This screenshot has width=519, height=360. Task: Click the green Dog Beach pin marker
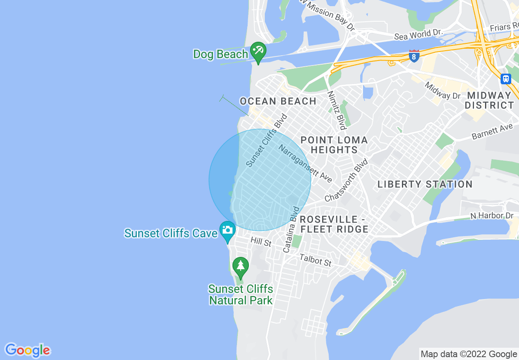[x=258, y=52]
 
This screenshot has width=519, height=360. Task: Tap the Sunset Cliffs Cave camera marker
[x=227, y=230]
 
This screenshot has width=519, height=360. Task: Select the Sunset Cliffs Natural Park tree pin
[x=240, y=266]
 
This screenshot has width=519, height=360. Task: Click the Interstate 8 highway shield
[x=414, y=56]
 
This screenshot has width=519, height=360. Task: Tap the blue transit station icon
[x=506, y=79]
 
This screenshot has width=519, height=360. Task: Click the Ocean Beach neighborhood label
[x=278, y=101]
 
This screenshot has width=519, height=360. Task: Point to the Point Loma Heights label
[x=334, y=145]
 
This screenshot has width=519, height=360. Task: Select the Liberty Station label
[x=425, y=184]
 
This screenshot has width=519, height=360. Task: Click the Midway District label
[x=489, y=100]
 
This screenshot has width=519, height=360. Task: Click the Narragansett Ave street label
[x=305, y=163]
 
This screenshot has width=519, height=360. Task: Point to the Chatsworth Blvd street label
[x=346, y=180]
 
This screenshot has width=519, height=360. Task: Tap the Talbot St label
[x=315, y=260]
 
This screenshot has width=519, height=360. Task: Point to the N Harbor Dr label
[x=492, y=216]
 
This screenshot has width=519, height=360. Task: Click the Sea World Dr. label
[x=419, y=34]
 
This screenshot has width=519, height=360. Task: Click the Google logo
[x=27, y=350]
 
